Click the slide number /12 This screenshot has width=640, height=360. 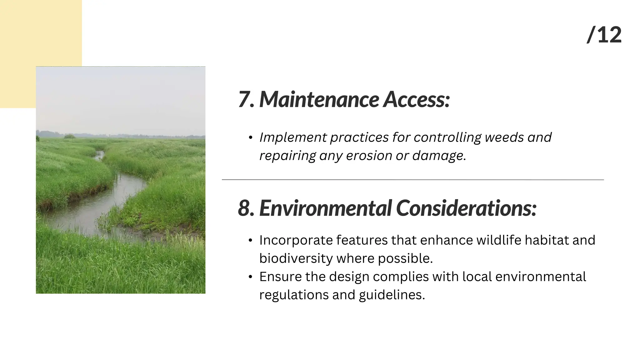click(604, 35)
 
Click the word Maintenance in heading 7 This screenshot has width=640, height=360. click(319, 100)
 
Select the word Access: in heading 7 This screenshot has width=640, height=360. click(417, 100)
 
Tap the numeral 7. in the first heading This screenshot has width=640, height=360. click(246, 100)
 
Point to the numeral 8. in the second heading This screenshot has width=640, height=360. click(246, 208)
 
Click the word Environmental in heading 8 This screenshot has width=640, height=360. click(325, 208)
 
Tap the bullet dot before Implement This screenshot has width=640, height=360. click(250, 138)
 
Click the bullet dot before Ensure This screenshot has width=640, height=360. click(250, 277)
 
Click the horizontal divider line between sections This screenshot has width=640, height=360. click(412, 180)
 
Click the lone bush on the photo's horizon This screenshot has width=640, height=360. click(70, 136)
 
